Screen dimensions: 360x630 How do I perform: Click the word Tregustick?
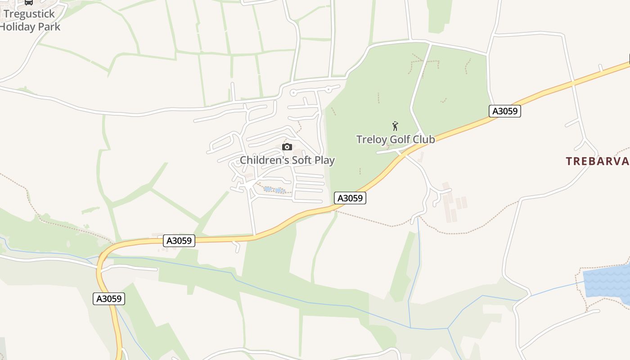[29, 14]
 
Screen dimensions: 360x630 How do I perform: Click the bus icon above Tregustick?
[29, 2]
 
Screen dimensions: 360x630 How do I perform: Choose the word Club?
[424, 139]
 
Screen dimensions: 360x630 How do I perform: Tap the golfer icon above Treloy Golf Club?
[395, 126]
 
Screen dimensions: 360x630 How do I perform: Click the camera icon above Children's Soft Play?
[287, 147]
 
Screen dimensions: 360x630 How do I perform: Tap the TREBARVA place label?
[597, 161]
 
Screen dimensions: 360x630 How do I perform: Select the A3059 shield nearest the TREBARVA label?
[505, 111]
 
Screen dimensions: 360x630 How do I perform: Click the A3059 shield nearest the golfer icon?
[350, 198]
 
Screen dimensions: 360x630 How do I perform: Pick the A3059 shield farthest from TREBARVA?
[109, 298]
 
